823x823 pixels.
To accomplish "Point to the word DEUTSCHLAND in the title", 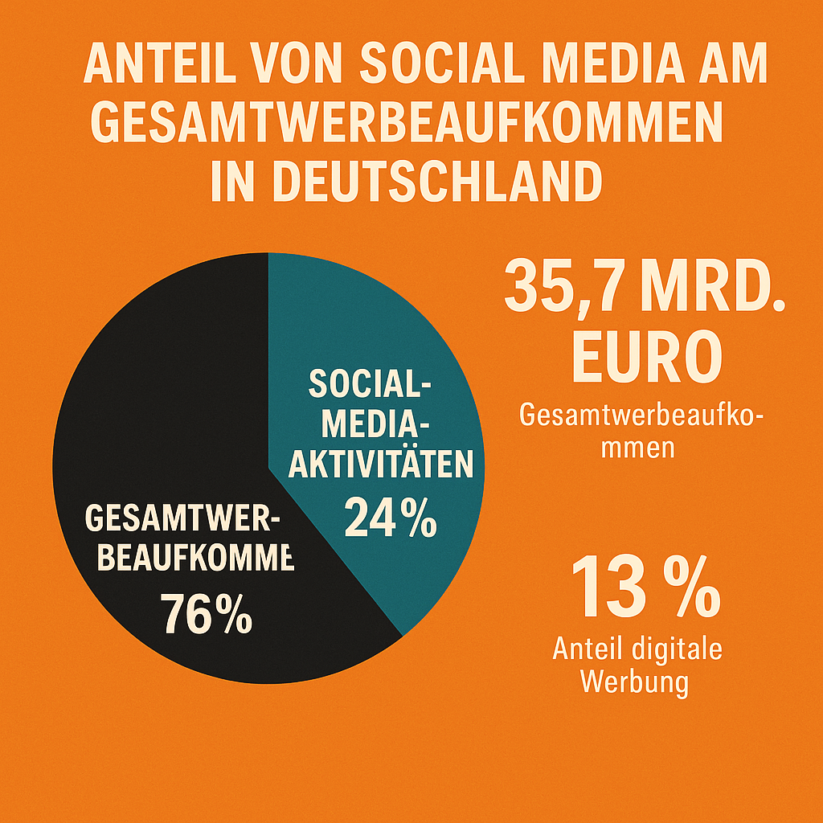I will pyautogui.click(x=406, y=182).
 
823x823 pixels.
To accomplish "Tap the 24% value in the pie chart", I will pyautogui.click(x=391, y=518).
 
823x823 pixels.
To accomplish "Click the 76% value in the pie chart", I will pyautogui.click(x=206, y=615).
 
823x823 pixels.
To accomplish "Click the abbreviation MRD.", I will pyautogui.click(x=714, y=289).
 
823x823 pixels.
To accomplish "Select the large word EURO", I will pyautogui.click(x=642, y=358).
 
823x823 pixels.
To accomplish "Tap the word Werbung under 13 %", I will pyautogui.click(x=634, y=682).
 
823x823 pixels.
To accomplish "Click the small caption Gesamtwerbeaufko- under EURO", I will pyautogui.click(x=641, y=416).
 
